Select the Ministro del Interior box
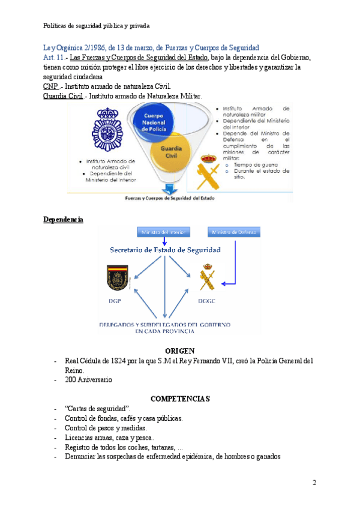[164, 232]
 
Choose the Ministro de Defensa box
[233, 232]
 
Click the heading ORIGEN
[179, 351]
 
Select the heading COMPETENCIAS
[179, 399]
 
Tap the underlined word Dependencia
[63, 220]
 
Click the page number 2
[314, 483]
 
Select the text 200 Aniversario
[88, 379]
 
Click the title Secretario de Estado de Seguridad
[165, 249]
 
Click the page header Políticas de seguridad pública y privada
[97, 26]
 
